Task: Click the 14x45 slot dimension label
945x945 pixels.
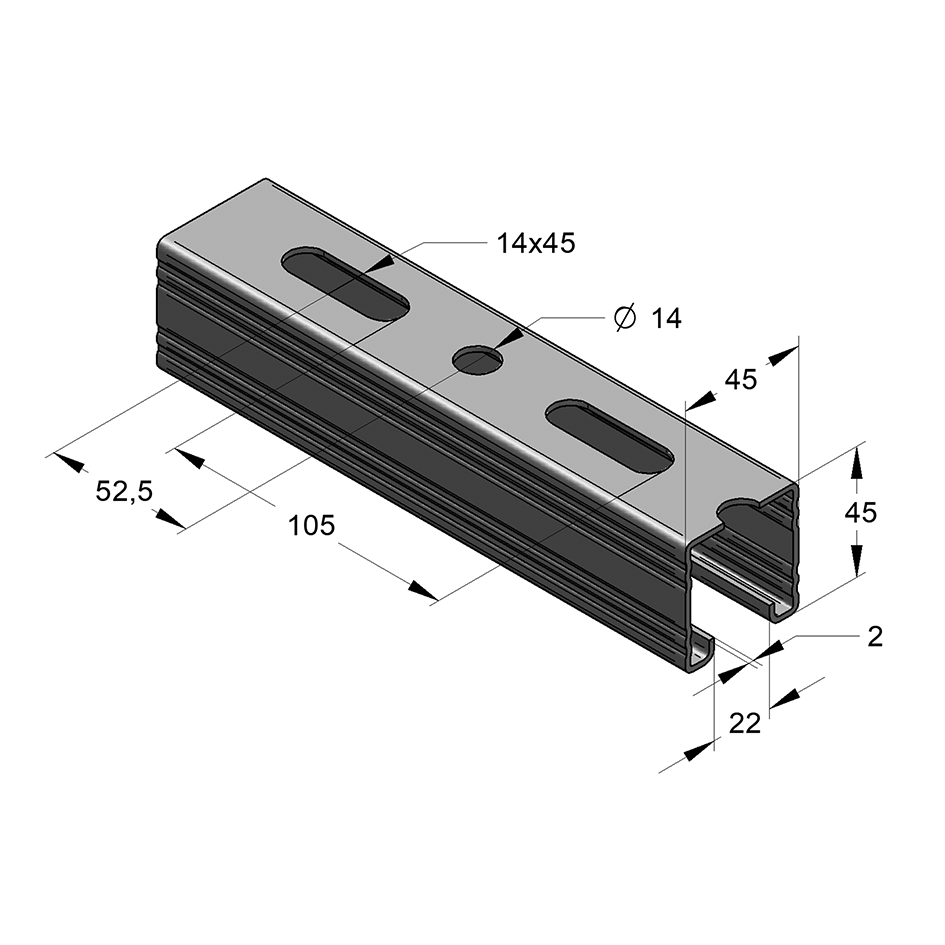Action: tap(536, 243)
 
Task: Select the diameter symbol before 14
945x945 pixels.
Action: tap(624, 318)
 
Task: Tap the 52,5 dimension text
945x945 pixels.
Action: tap(124, 492)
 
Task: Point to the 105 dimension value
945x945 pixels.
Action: tap(312, 526)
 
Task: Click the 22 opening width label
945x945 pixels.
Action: tap(745, 723)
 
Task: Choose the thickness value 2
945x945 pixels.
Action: tap(875, 636)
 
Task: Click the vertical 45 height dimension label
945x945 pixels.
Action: tap(861, 512)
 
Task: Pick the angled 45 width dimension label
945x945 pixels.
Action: tap(741, 380)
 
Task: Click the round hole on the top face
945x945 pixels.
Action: tap(478, 360)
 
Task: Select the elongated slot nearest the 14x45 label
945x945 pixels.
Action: tap(345, 283)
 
